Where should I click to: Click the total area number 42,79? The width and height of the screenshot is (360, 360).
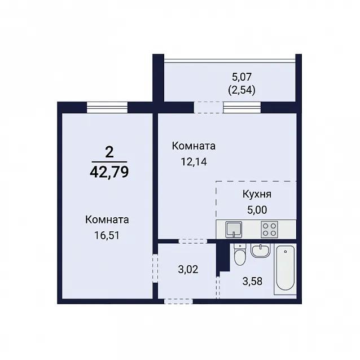pyautogui.click(x=109, y=172)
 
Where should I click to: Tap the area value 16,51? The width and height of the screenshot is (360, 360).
pyautogui.click(x=107, y=235)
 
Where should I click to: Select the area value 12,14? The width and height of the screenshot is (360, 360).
pyautogui.click(x=194, y=162)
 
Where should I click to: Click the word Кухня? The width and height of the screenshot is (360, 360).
pyautogui.click(x=257, y=195)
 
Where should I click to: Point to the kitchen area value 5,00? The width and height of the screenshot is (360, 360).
pyautogui.click(x=257, y=209)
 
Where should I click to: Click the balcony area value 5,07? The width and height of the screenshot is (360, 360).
pyautogui.click(x=242, y=77)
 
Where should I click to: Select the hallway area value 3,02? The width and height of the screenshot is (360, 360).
pyautogui.click(x=188, y=269)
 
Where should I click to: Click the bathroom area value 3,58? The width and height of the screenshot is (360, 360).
pyautogui.click(x=252, y=281)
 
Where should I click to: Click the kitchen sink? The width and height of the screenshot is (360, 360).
pyautogui.click(x=234, y=229)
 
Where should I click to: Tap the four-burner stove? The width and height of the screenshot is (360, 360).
pyautogui.click(x=269, y=229)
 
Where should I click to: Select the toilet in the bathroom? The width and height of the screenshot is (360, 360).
pyautogui.click(x=240, y=254)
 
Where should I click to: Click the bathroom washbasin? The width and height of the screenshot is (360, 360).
pyautogui.click(x=260, y=251)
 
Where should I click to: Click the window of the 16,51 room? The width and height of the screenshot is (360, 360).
pyautogui.click(x=107, y=107)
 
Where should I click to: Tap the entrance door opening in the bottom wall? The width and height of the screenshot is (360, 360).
pyautogui.click(x=178, y=301)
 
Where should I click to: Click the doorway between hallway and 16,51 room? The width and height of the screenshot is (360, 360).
pyautogui.click(x=155, y=268)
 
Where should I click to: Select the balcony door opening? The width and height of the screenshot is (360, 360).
pyautogui.click(x=208, y=107)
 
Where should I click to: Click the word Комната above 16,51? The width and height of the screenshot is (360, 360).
pyautogui.click(x=107, y=219)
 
